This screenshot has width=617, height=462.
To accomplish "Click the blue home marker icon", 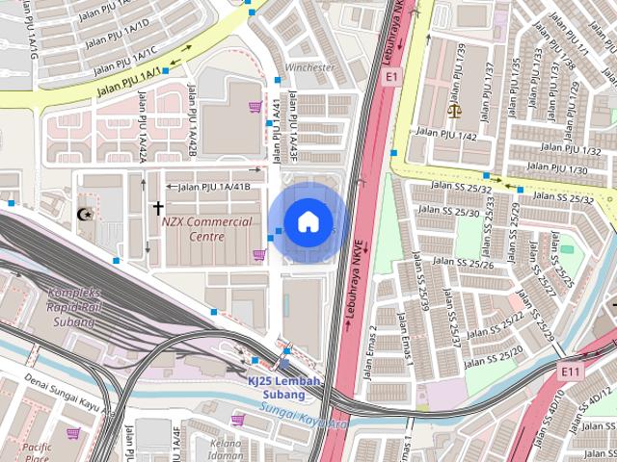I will click(x=308, y=222).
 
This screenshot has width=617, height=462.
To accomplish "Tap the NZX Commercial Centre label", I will click(x=206, y=228).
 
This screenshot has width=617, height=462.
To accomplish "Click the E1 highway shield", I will click(x=391, y=75).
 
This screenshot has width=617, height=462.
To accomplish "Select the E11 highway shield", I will click(x=572, y=370).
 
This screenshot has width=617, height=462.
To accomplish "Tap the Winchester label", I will click(x=309, y=68).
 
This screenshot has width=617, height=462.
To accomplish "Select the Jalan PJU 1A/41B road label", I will click(x=214, y=186).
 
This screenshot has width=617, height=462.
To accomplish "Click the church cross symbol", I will click(x=157, y=208).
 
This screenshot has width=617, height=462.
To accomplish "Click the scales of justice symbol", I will click(x=455, y=109).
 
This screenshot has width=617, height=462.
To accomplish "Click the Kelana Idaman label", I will click(x=225, y=449).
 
